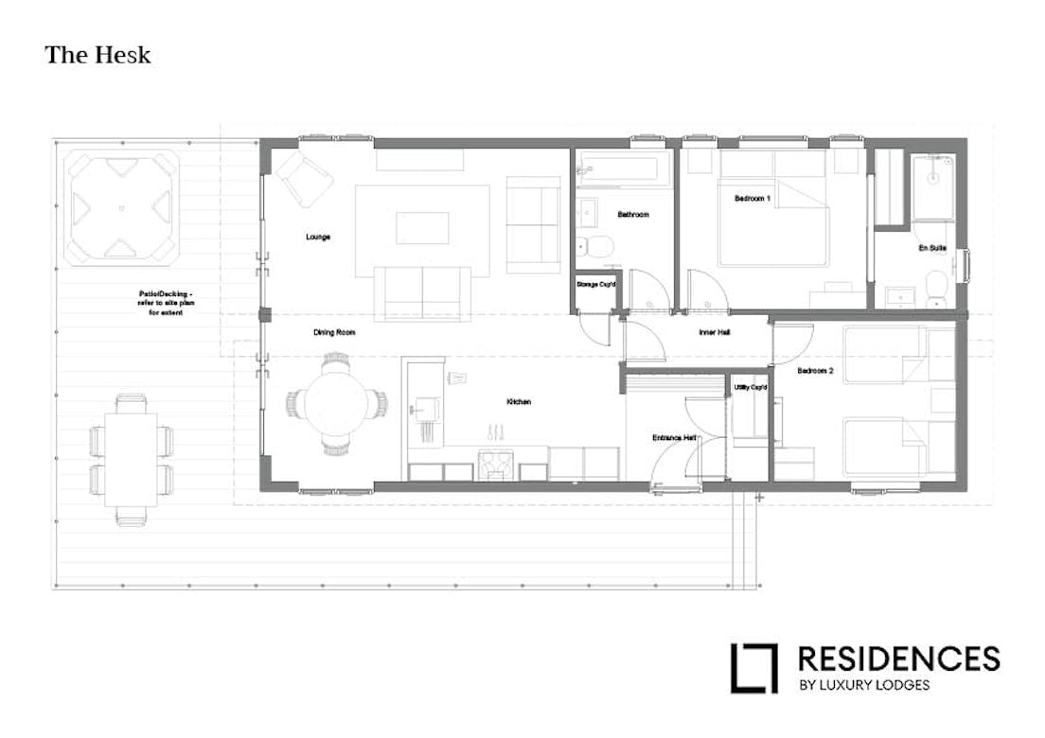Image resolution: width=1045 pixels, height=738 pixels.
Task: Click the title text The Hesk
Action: click(97, 55)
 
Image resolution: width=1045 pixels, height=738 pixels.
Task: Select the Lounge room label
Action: click(318, 237)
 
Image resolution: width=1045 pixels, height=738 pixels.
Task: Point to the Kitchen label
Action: click(519, 402)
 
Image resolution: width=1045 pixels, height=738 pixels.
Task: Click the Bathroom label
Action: click(633, 215)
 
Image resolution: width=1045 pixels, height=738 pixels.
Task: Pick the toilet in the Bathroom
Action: click(597, 247)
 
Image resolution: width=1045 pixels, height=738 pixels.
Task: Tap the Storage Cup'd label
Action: click(596, 284)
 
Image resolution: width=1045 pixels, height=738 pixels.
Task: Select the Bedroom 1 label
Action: click(753, 199)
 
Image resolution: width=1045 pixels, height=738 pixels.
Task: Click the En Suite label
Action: click(932, 248)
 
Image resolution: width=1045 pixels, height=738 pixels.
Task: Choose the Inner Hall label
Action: click(713, 332)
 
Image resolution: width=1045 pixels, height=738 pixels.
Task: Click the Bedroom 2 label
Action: click(815, 371)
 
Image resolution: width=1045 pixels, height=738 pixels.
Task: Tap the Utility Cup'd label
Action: click(751, 388)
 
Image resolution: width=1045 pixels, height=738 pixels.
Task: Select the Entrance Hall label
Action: click(674, 438)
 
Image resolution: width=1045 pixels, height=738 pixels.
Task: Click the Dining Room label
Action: click(334, 333)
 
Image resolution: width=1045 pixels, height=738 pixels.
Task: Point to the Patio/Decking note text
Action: click(165, 303)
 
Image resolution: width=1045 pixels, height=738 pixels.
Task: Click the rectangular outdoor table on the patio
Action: click(133, 455)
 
